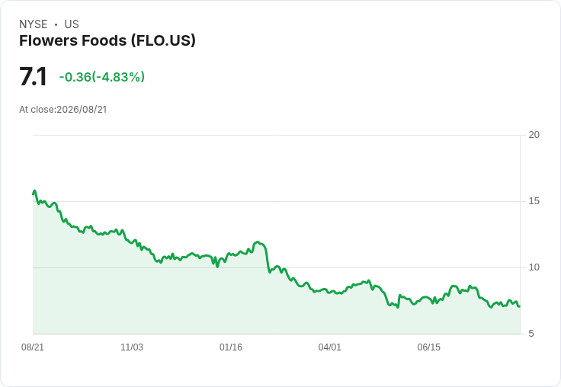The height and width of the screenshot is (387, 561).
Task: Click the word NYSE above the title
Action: [34, 24]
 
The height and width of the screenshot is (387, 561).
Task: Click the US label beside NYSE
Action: [72, 24]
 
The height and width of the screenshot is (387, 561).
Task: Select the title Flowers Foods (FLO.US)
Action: [107, 41]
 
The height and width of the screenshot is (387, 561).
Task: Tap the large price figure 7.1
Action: [33, 76]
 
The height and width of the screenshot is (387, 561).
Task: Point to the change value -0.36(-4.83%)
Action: [102, 77]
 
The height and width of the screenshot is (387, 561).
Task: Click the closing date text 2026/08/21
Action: [82, 110]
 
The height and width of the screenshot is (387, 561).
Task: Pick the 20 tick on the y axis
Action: [534, 135]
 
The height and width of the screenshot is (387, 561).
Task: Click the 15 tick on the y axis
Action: [534, 201]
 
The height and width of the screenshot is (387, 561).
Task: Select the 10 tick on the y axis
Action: [534, 267]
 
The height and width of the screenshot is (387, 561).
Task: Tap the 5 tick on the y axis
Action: [531, 334]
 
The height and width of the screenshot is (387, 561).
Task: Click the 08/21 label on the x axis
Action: [33, 347]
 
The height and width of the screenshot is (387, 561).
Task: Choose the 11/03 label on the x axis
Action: [132, 347]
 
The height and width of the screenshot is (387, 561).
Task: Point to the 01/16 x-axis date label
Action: [231, 347]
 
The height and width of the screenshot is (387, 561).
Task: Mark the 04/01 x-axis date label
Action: [330, 347]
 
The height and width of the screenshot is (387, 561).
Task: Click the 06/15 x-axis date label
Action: [429, 347]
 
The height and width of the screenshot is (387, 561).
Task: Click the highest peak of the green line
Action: [35, 190]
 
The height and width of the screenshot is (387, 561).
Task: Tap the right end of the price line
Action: [520, 306]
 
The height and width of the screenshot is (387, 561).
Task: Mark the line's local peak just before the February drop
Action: [258, 242]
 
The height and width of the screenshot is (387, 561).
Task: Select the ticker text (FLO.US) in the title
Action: [163, 41]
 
